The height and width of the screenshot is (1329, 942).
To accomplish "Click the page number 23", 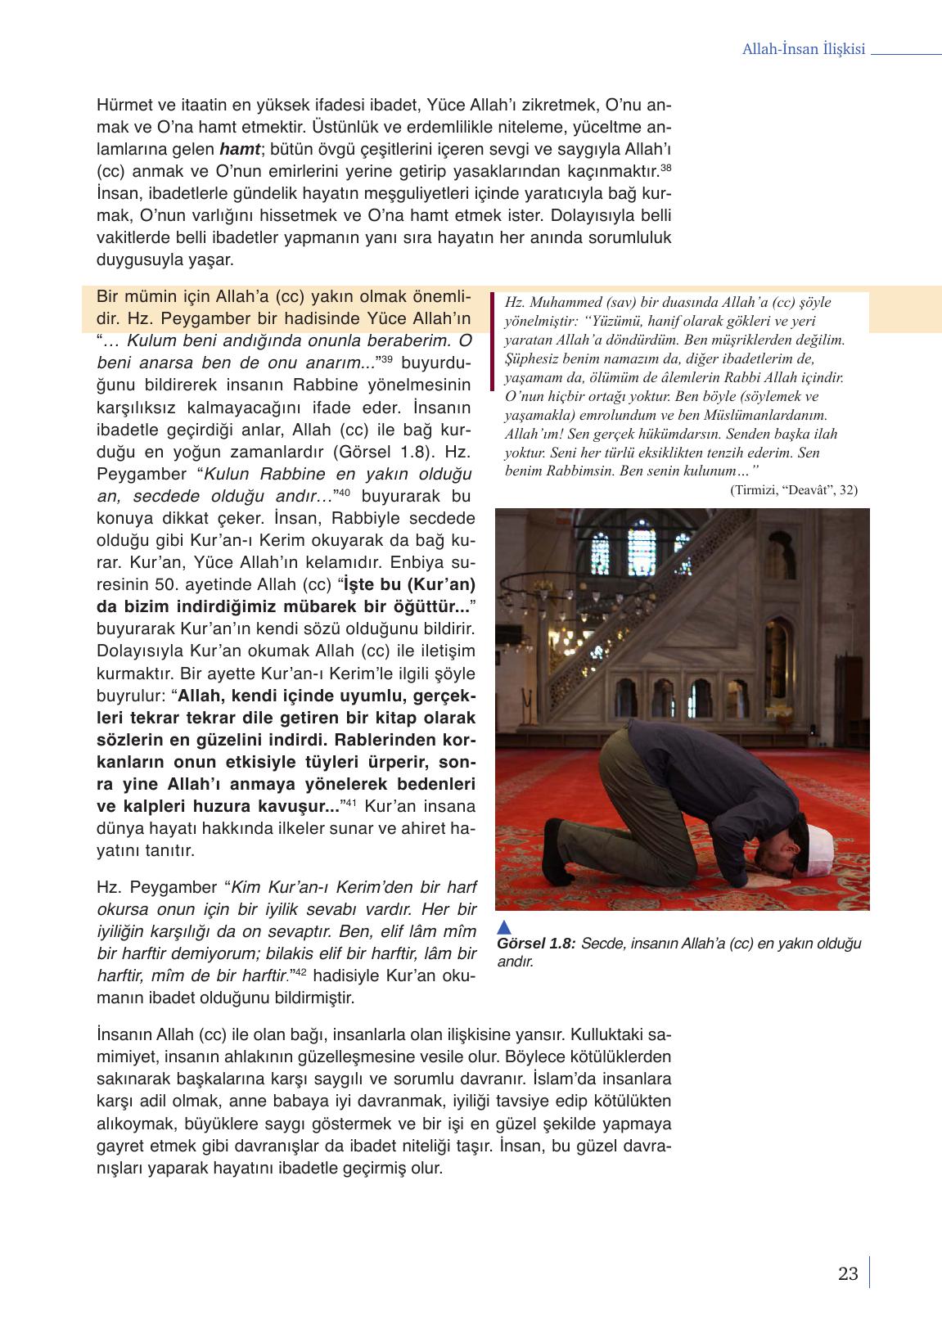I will point(848,1273).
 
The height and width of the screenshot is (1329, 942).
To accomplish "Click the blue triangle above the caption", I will point(505,926).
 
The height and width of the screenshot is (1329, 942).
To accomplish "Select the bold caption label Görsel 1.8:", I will point(536,944).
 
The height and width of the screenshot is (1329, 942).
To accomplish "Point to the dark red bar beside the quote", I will point(491,341).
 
